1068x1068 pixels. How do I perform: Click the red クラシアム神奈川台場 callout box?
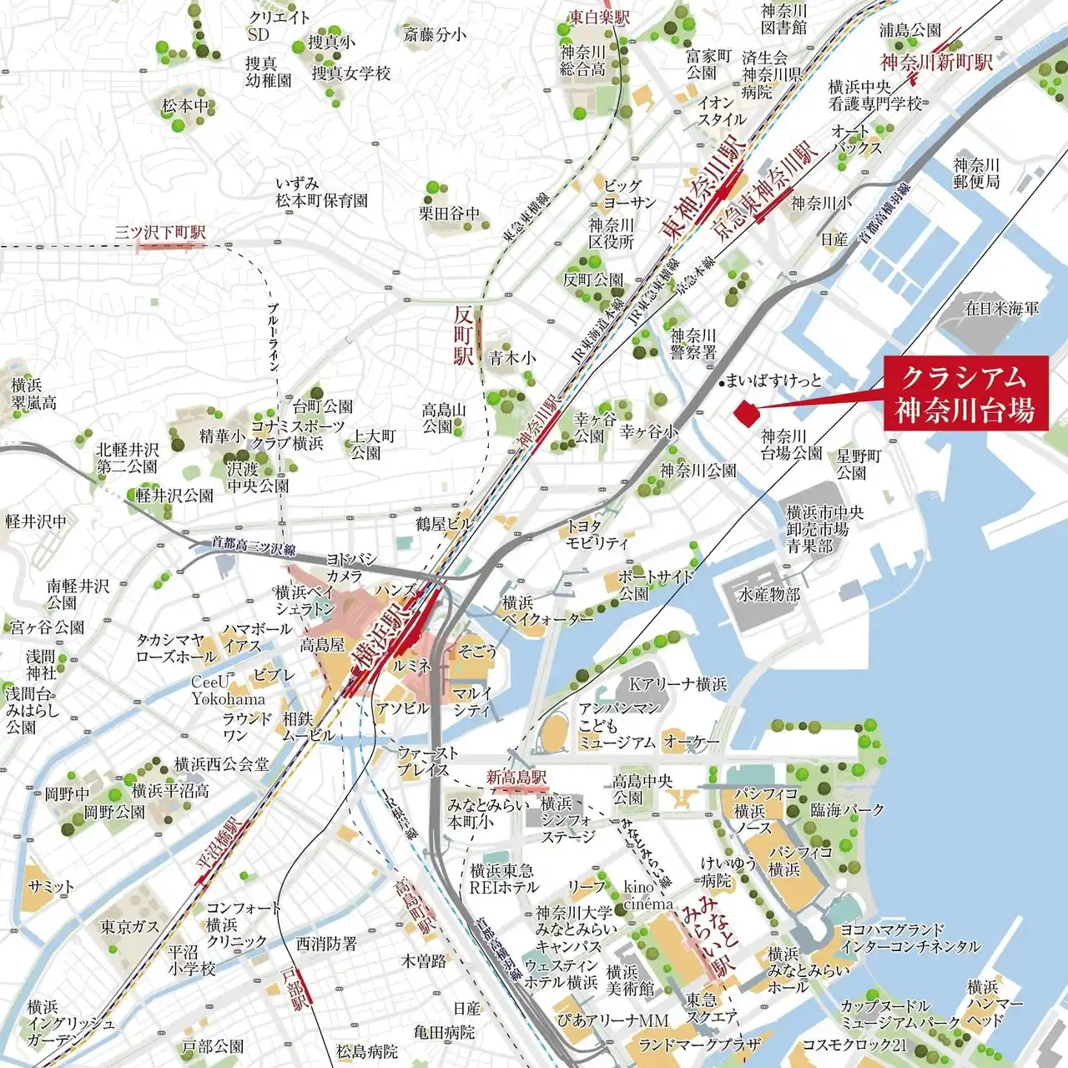[965, 393]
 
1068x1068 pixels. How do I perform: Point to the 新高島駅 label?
[516, 778]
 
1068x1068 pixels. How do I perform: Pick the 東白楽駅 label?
[600, 17]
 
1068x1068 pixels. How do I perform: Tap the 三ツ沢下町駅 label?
[160, 233]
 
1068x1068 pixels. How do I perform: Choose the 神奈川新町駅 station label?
[936, 63]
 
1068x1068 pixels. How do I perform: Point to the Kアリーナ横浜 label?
[678, 684]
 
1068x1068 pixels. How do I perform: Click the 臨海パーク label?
[847, 810]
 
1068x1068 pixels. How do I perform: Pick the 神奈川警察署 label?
[693, 344]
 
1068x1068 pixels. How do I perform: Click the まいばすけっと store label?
[773, 381]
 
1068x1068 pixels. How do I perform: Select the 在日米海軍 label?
[1002, 309]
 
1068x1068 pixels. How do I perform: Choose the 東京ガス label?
[129, 927]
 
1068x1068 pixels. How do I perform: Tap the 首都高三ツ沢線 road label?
[254, 546]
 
